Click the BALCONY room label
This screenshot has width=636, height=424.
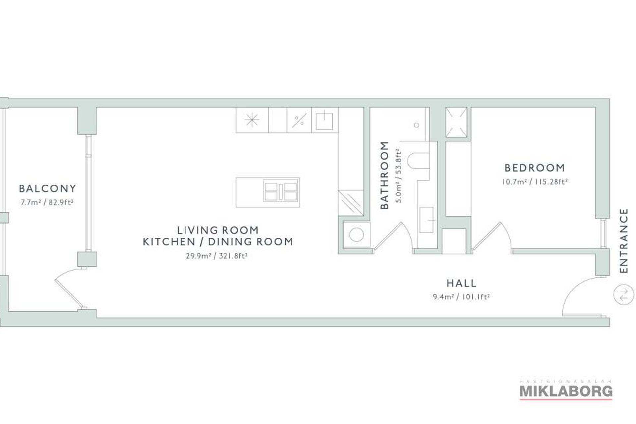click(x=47, y=188)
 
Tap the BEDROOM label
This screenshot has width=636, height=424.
click(x=535, y=168)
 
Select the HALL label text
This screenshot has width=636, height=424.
click(x=461, y=283)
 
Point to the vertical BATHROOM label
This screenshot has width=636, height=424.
click(x=384, y=175)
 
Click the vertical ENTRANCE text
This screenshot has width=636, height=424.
click(x=624, y=240)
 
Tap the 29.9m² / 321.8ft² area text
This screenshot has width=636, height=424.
click(x=217, y=256)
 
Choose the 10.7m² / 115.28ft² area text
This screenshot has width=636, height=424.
click(x=535, y=182)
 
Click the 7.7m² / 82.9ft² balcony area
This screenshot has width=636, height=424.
click(x=47, y=202)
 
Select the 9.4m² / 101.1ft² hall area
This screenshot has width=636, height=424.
click(x=461, y=297)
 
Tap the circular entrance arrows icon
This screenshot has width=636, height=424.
click(x=624, y=294)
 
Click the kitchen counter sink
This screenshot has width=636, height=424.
click(x=324, y=121)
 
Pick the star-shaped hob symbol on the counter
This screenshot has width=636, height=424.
click(x=252, y=120)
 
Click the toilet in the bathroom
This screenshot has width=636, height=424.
click(x=418, y=161)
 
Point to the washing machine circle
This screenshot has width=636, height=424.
click(x=357, y=235)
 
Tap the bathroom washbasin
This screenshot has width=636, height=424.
click(x=427, y=220)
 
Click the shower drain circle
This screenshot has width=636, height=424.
click(x=416, y=125)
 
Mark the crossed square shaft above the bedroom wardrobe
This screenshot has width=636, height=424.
click(x=456, y=122)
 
